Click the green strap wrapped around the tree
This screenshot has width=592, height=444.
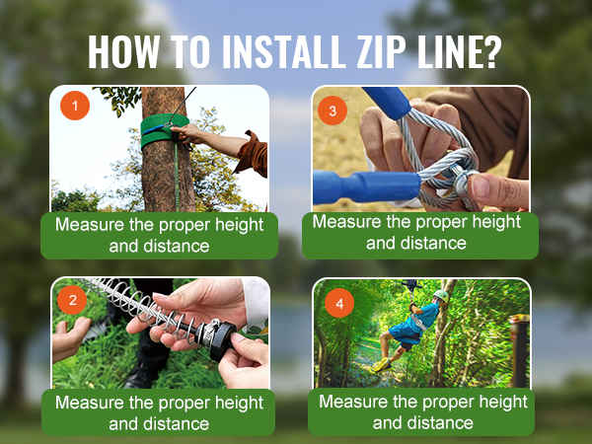tap(164, 131)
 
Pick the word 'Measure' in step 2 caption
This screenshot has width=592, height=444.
tap(88, 403)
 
